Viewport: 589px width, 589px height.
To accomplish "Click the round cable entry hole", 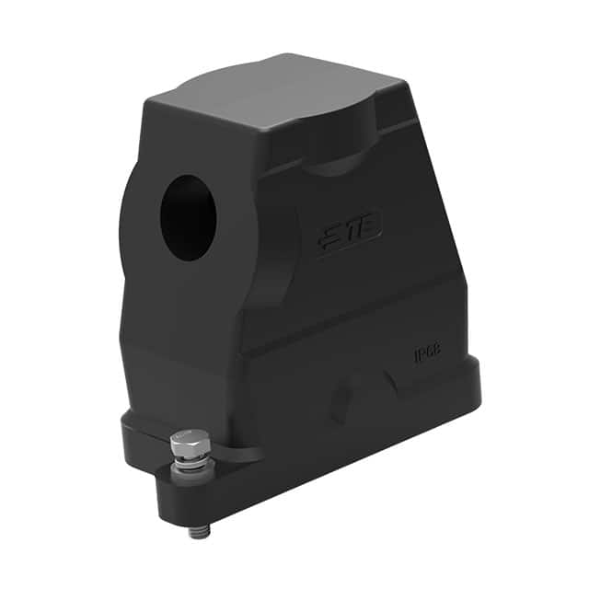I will (189, 217).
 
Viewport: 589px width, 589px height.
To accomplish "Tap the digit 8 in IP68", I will (439, 349).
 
